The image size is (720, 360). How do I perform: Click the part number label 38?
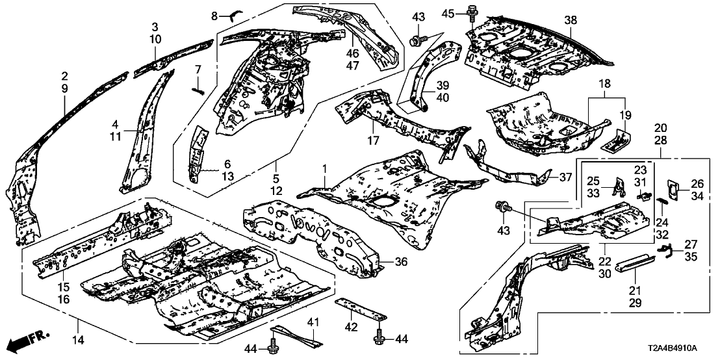click(570, 21)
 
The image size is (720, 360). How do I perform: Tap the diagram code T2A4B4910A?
click(680, 348)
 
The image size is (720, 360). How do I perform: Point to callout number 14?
click(79, 323)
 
